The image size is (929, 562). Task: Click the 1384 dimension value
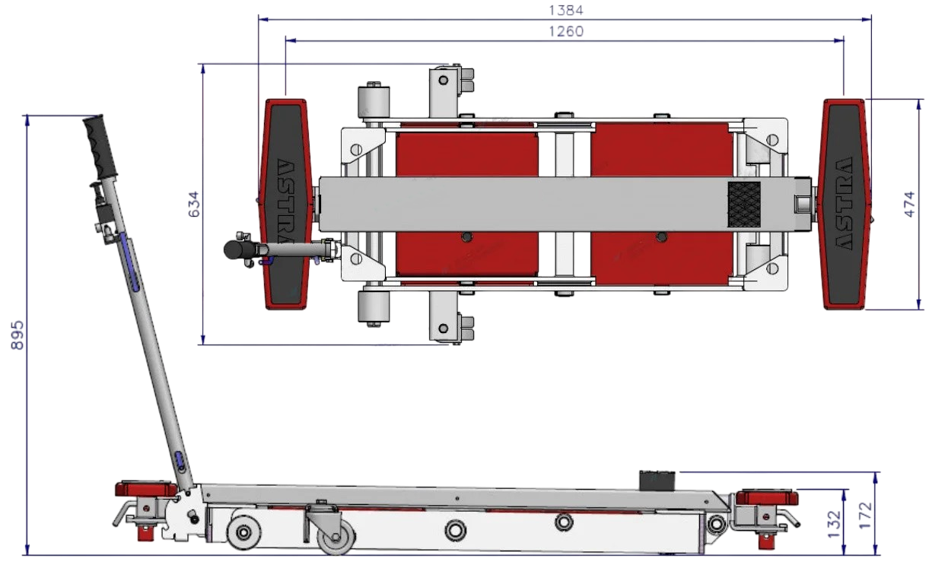(x=566, y=10)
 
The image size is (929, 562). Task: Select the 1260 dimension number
(x=566, y=31)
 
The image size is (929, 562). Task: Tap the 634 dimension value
(x=194, y=204)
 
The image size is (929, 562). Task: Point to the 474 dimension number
(x=908, y=204)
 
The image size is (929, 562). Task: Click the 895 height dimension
(x=17, y=335)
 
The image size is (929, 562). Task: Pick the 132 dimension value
(x=834, y=524)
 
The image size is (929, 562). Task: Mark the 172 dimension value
(x=866, y=515)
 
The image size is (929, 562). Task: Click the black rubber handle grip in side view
(x=100, y=147)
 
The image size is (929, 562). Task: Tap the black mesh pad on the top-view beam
(x=744, y=205)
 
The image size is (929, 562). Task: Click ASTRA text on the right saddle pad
(x=844, y=204)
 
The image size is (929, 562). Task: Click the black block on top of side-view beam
(x=657, y=481)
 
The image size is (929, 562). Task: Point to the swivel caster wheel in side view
(x=336, y=537)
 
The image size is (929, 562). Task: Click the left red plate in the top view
(x=467, y=205)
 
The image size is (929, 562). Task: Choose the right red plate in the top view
(x=662, y=205)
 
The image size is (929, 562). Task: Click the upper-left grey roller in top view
(x=374, y=102)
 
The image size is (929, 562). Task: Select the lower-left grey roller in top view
(x=374, y=306)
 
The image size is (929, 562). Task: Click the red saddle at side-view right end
(x=767, y=497)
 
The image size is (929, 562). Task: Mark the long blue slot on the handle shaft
(x=130, y=262)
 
